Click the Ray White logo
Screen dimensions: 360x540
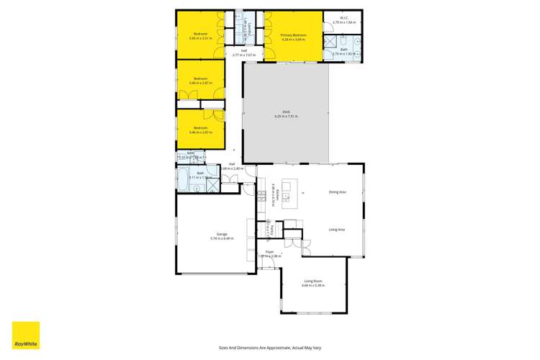pos(26,336)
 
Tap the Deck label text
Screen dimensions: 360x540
pos(286,112)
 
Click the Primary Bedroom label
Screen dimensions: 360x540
pos(294,35)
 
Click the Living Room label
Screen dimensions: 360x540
pos(313,281)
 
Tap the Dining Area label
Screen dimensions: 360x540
pos(337,192)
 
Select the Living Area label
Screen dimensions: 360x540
pos(337,230)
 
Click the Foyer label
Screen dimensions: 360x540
pos(269,251)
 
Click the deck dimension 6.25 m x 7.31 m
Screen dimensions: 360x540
pos(286,117)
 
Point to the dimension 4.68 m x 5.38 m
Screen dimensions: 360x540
pos(313,286)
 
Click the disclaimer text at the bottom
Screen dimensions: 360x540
pos(270,347)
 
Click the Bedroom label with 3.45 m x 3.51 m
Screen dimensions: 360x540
pos(200,35)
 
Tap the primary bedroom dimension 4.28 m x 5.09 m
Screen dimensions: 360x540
pos(294,40)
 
